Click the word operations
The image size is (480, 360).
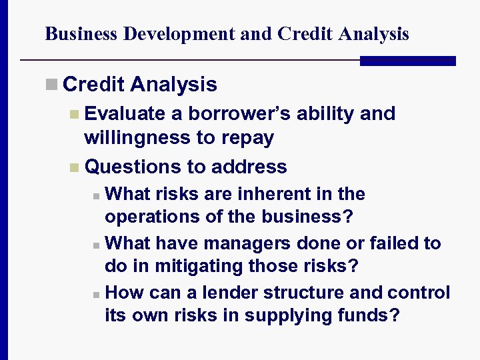pyautogui.click(x=145, y=217)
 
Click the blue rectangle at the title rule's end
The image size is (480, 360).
pyautogui.click(x=407, y=61)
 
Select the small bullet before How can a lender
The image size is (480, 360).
pyautogui.click(x=97, y=294)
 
